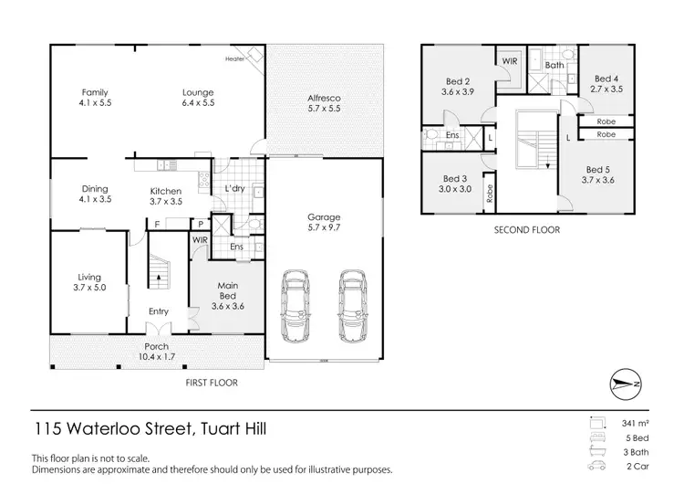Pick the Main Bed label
pyautogui.click(x=227, y=291)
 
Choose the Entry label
pyautogui.click(x=159, y=312)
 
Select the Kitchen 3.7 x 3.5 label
pyautogui.click(x=166, y=196)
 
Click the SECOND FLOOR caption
pyautogui.click(x=527, y=230)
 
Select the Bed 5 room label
pyautogui.click(x=597, y=175)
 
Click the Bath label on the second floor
pyautogui.click(x=554, y=66)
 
